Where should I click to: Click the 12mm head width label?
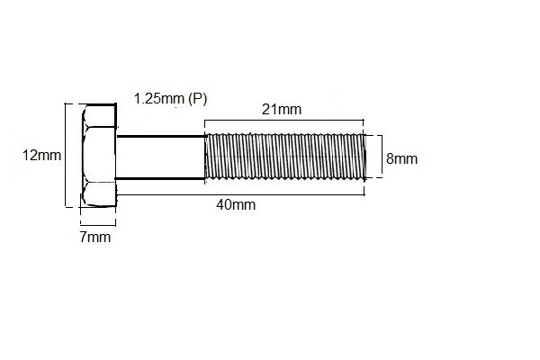pos(41,155)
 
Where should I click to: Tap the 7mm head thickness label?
pos(96,238)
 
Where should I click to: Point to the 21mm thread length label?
pos(282,109)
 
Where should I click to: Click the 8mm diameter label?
pos(401,158)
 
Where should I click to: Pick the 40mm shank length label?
pos(236,204)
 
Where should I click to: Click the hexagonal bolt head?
pos(98,157)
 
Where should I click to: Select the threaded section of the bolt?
pos(283,157)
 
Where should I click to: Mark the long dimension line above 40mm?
pos(240,193)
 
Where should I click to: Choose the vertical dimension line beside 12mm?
pos(66,155)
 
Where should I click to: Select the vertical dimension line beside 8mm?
pos(380,157)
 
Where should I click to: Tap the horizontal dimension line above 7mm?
pos(97,223)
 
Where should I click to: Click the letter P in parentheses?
pos(197,97)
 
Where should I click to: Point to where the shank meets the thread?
pos(206,157)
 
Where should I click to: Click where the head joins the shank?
pos(117,157)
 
